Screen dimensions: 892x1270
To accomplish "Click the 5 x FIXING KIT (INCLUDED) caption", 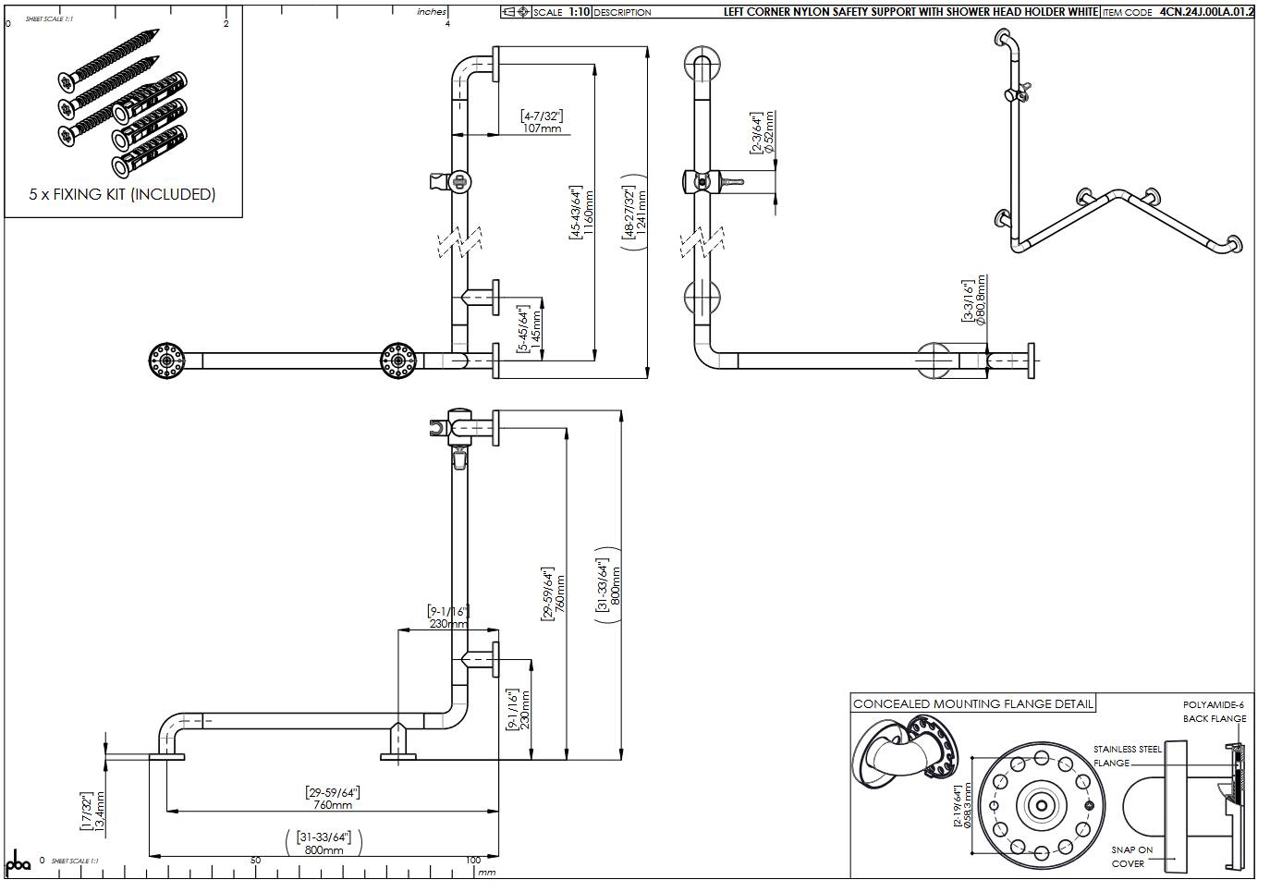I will [122, 194].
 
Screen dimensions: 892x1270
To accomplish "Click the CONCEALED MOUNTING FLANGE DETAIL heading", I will [972, 703].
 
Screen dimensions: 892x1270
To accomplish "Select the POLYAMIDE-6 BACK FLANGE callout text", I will [1215, 712].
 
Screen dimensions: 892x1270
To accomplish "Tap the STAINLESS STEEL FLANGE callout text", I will [1126, 756].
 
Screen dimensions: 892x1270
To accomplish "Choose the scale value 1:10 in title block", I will [579, 12].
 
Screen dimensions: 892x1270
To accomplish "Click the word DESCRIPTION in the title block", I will [622, 12].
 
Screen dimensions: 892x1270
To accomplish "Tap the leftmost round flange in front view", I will [167, 360].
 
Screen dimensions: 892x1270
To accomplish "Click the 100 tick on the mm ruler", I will [473, 861].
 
